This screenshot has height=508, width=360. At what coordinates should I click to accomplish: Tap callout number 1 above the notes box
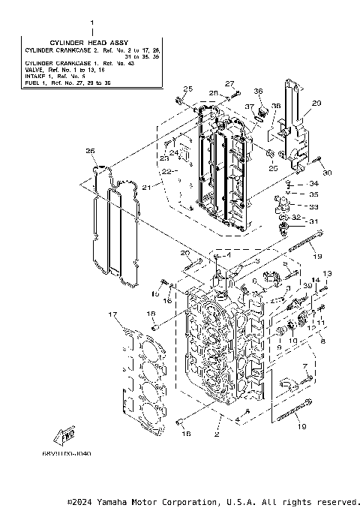point(93,23)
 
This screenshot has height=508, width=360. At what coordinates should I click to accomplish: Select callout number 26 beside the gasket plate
point(91,152)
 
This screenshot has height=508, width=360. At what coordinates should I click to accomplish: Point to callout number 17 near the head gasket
point(112,314)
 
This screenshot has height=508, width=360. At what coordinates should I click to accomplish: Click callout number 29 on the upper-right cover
point(316,103)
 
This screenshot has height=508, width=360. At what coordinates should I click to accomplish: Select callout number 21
point(147,186)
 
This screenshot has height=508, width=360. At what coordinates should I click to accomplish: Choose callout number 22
point(166,172)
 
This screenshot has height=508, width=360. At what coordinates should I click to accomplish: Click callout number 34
point(313,184)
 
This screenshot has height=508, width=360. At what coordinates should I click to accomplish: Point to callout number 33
point(313,206)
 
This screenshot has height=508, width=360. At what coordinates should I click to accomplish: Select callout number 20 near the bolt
point(185,253)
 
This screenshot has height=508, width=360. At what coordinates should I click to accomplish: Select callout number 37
point(249,107)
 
